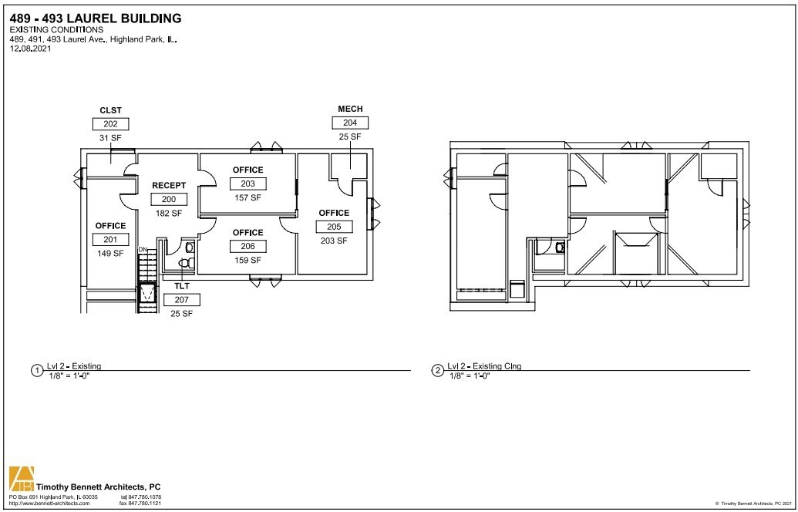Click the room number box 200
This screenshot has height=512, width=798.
tap(169, 200)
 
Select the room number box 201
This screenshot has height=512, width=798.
tap(110, 240)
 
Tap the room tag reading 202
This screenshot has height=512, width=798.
tap(110, 123)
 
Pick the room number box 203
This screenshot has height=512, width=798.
tap(247, 184)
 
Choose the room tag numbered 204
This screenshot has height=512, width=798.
tap(350, 123)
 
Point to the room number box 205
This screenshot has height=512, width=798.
tap(334, 227)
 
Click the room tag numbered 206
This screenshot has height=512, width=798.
tap(247, 246)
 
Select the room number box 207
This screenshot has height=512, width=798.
tap(182, 300)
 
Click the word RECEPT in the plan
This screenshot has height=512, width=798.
tap(169, 186)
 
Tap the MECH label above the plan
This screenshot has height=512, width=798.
tap(350, 109)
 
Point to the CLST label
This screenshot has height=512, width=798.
tap(110, 110)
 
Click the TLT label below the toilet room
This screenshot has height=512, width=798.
tap(182, 287)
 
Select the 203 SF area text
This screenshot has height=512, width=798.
tap(334, 241)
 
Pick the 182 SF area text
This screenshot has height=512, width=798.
tap(169, 214)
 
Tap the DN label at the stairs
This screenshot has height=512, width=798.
tap(143, 250)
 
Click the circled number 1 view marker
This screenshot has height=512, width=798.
tap(37, 371)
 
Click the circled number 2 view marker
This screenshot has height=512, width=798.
tap(437, 371)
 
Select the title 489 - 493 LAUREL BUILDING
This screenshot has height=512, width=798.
tap(96, 19)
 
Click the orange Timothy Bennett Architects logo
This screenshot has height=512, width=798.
tap(22, 479)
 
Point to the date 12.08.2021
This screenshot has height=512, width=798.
tap(30, 49)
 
